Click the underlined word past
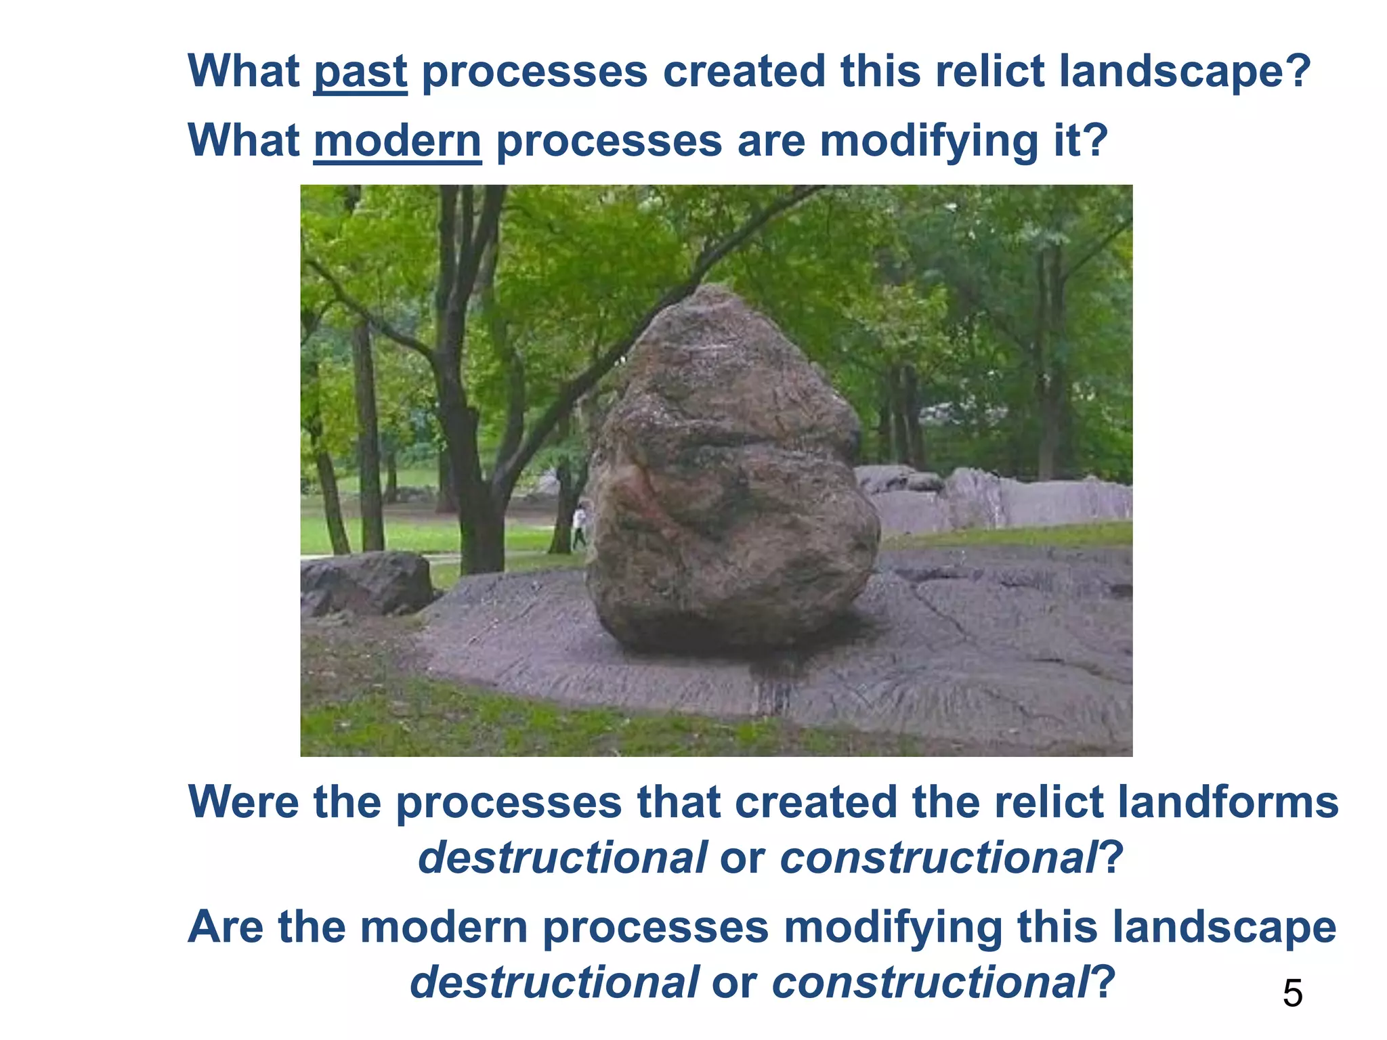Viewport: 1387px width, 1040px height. point(360,72)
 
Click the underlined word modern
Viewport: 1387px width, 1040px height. point(398,142)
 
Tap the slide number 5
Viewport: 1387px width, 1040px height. point(1292,994)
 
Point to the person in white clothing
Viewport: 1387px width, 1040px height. point(579,525)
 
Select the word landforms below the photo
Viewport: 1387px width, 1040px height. point(1226,802)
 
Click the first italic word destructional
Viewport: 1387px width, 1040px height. point(562,858)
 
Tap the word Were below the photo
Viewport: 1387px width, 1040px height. point(243,802)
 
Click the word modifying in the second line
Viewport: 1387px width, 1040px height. point(929,142)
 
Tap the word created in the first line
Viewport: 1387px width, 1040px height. point(744,72)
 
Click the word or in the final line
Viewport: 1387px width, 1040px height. point(734,982)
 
